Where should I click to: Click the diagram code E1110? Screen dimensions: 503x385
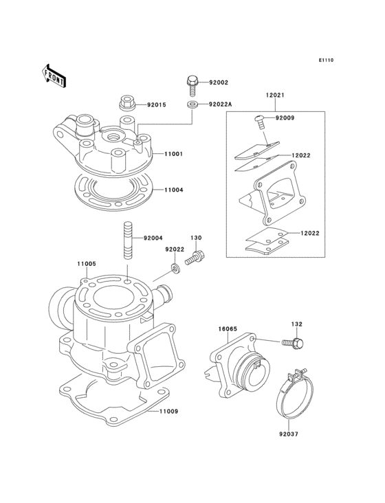click(x=325, y=60)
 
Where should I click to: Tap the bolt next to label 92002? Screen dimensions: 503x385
click(x=192, y=85)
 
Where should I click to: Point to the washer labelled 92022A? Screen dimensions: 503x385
click(x=191, y=104)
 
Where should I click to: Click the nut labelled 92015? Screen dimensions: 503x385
click(x=127, y=104)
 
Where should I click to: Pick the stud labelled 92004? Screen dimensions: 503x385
click(x=129, y=240)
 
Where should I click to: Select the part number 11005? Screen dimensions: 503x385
click(x=86, y=263)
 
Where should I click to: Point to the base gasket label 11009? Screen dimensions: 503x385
click(x=168, y=412)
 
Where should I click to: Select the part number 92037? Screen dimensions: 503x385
click(x=289, y=434)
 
